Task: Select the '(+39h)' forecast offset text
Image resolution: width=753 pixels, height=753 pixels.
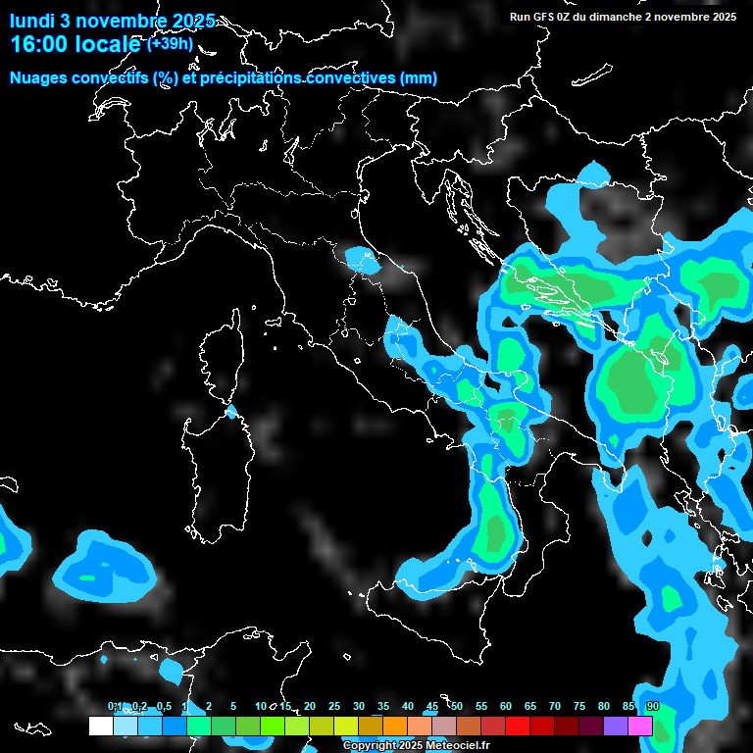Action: (x=170, y=44)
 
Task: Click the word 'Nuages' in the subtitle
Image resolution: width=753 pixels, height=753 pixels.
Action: (x=38, y=78)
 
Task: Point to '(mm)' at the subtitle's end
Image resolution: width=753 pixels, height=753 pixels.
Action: (x=418, y=78)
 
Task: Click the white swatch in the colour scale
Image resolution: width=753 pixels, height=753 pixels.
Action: (x=100, y=726)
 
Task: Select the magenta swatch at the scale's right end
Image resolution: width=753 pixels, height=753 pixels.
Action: (x=640, y=726)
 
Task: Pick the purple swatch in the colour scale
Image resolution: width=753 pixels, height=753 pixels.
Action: (x=616, y=726)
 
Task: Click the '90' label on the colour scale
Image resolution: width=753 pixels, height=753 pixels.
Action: (x=653, y=706)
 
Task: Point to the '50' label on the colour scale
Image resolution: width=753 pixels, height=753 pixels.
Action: (x=457, y=706)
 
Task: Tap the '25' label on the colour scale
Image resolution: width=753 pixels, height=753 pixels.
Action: (x=334, y=706)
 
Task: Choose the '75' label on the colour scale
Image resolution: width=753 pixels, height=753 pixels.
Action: (x=579, y=706)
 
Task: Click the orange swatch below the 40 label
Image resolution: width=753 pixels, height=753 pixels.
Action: (x=395, y=726)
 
